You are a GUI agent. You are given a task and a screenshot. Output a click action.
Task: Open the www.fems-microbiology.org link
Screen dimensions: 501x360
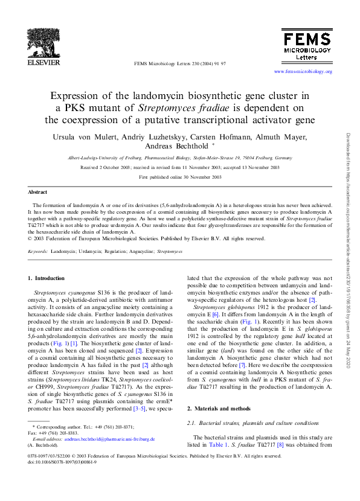pos(303,72)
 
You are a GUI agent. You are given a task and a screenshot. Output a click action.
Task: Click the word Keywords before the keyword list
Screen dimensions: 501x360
pos(37,250)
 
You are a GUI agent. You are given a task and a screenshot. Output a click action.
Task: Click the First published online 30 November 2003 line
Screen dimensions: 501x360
pos(180,177)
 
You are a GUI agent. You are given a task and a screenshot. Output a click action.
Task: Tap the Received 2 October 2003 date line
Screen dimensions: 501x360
pos(180,167)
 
